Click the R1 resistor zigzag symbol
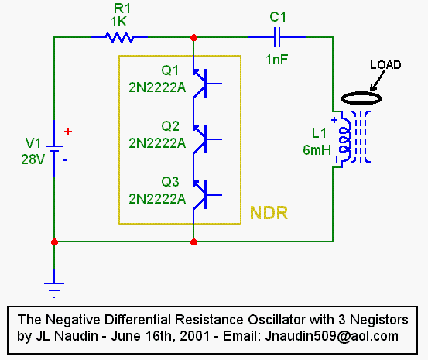coord(119,37)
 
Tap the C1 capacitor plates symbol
coord(277,37)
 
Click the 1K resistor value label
coord(118,22)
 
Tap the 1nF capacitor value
coord(277,60)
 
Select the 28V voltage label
coord(33,159)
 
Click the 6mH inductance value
coord(317,150)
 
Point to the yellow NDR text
coord(269,213)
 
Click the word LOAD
coord(385,65)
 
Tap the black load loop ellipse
coord(361,93)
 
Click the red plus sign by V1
coord(68,132)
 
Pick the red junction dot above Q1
coord(193,37)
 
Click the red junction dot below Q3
coord(193,242)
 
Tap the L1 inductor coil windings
coord(345,139)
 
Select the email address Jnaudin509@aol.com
coord(332,336)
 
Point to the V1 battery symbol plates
coord(54,149)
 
